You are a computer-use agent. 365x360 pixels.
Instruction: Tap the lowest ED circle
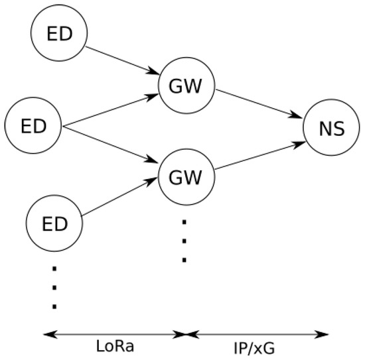(54, 223)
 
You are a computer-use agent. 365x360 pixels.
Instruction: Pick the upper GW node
(186, 87)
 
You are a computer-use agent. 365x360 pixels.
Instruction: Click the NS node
(331, 128)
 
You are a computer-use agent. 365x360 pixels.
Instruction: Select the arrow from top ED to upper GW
(122, 61)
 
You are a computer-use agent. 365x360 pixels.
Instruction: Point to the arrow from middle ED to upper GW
(110, 111)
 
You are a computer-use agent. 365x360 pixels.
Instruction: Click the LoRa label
(113, 348)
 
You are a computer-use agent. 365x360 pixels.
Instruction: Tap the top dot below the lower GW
(184, 221)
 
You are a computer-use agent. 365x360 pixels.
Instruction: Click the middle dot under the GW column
(184, 240)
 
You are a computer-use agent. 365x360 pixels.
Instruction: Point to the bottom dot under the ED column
(54, 306)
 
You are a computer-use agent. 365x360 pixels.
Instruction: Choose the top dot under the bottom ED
(54, 269)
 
